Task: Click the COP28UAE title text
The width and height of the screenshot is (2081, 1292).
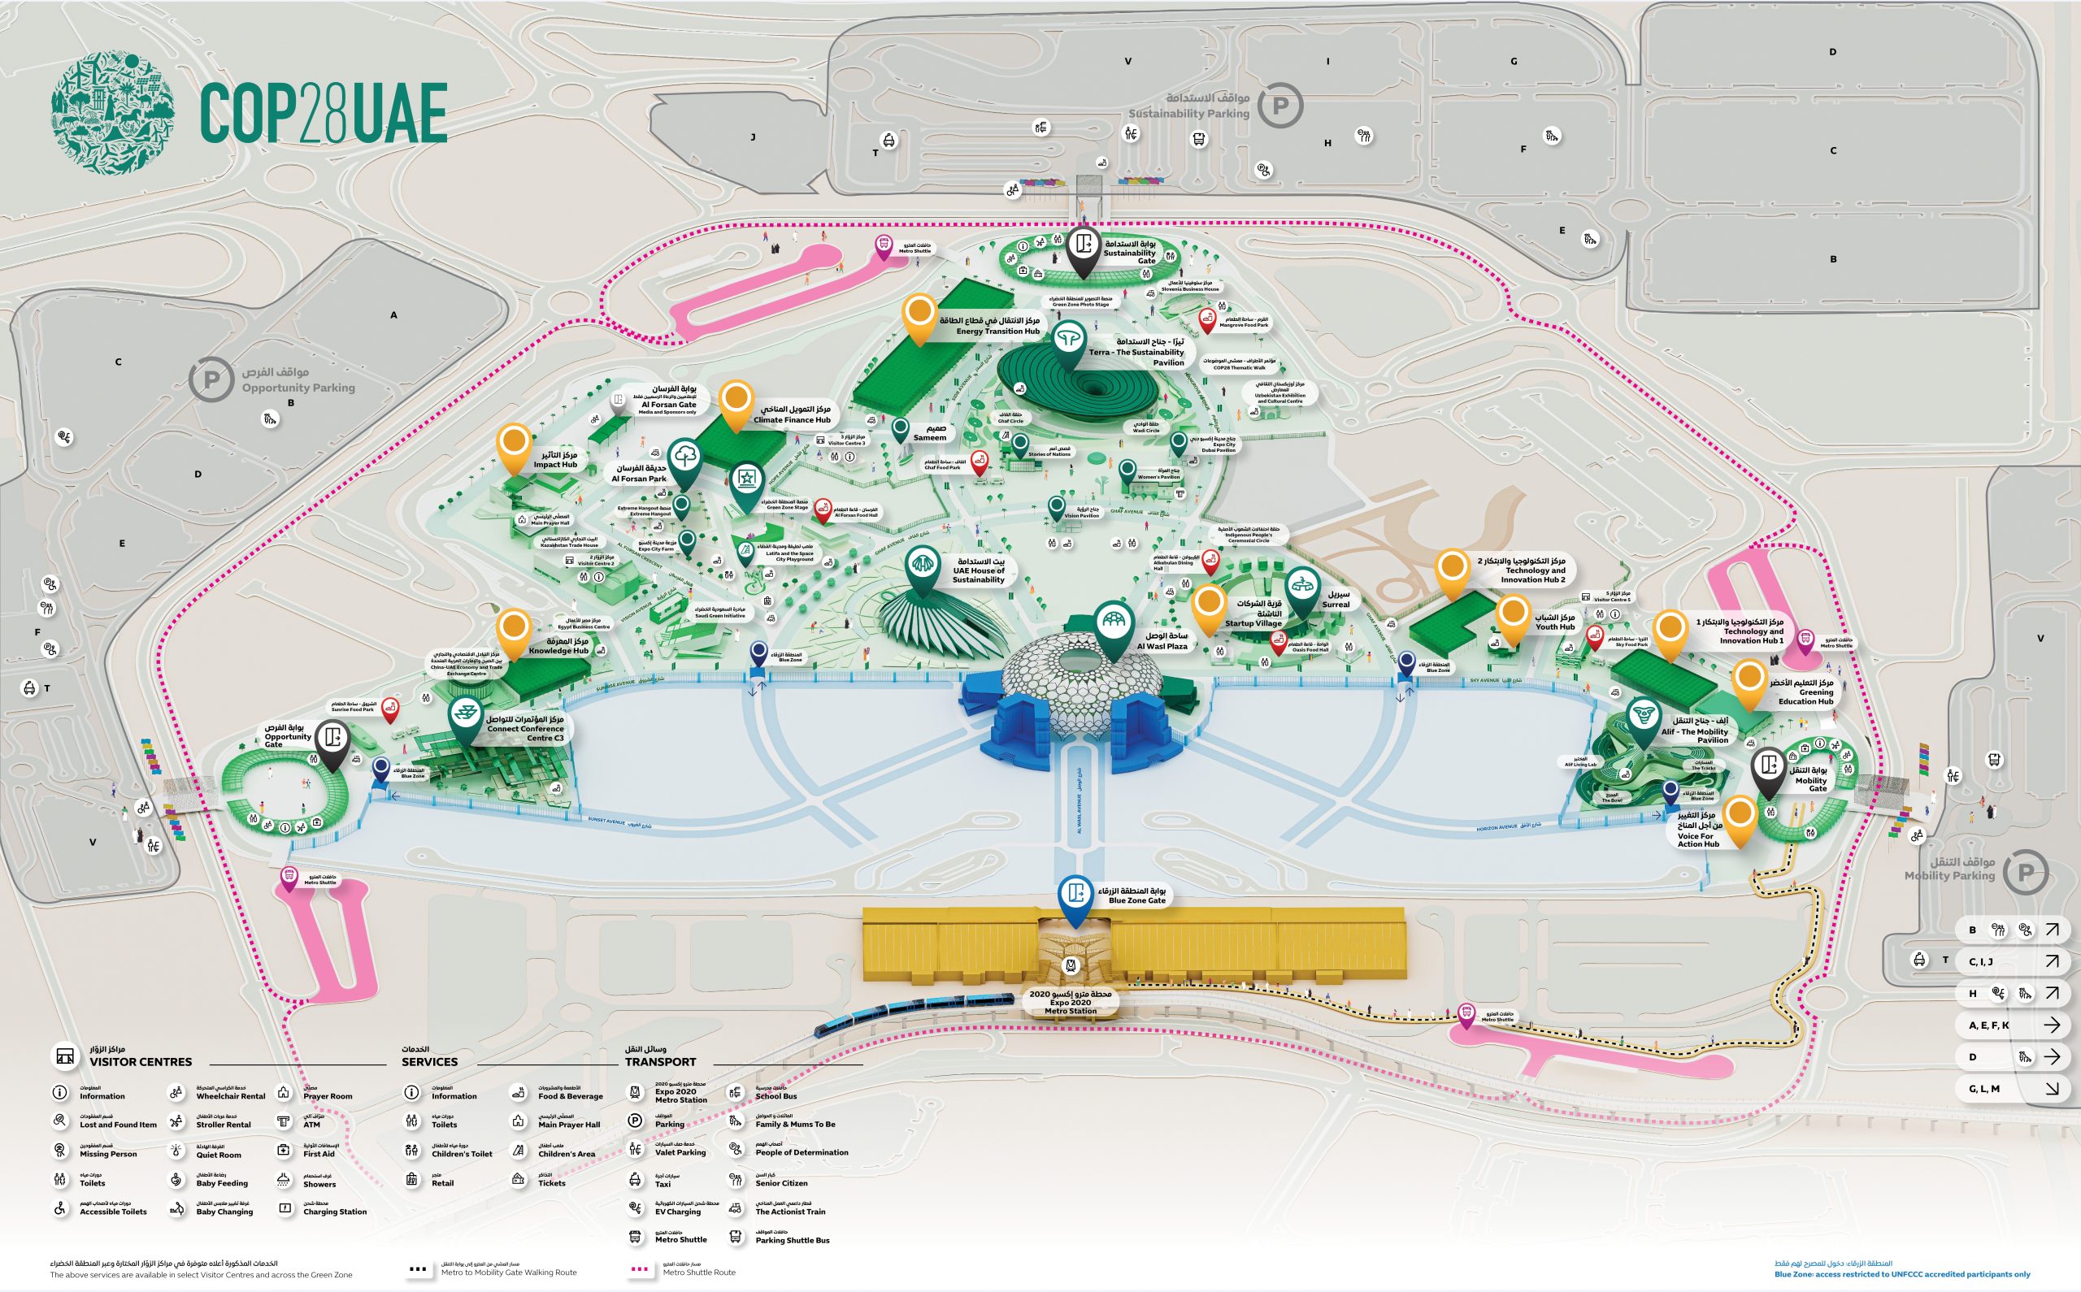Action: (323, 113)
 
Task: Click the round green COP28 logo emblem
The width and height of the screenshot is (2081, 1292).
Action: (113, 112)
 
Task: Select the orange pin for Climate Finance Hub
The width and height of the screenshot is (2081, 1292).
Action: (736, 401)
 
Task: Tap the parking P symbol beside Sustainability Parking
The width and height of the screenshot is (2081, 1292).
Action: (1279, 106)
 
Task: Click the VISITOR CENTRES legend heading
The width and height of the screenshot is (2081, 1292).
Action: (140, 1061)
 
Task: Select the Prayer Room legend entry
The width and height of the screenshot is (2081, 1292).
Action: (327, 1095)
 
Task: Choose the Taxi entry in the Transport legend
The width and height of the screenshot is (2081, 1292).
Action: (662, 1183)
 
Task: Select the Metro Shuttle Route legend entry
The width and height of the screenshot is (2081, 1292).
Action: (698, 1272)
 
